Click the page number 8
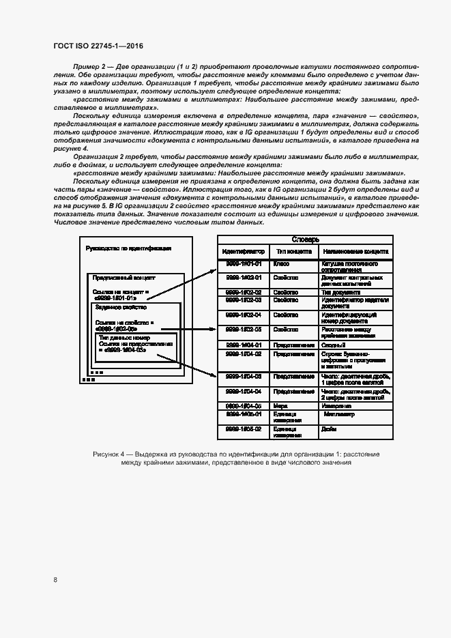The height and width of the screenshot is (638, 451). pos(55,580)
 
